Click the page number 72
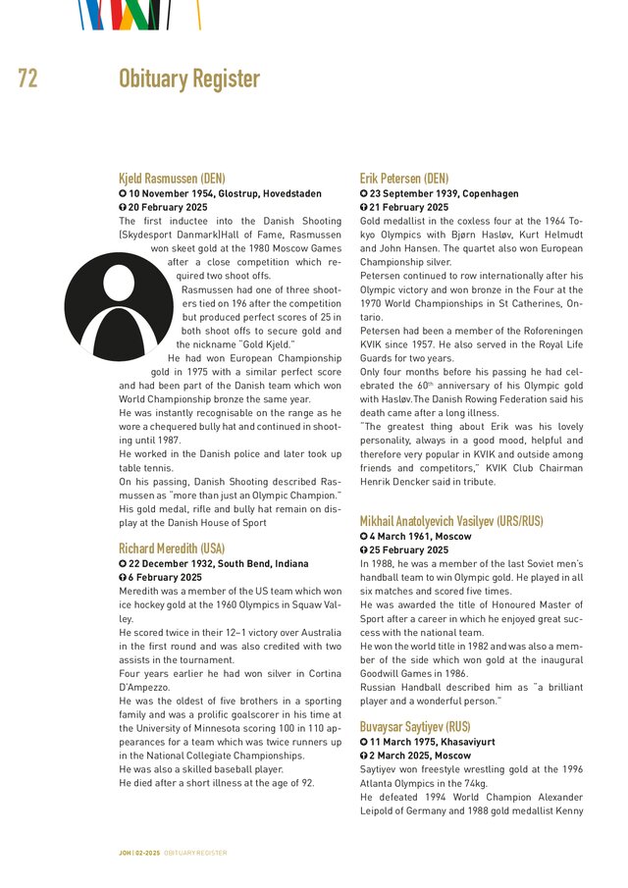click(27, 79)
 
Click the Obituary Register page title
click(189, 79)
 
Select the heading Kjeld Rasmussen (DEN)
click(172, 180)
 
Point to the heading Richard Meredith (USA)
click(172, 548)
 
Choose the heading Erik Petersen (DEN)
click(404, 180)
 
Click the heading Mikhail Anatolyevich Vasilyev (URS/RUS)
click(451, 521)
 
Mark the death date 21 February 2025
click(408, 208)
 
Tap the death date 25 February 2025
click(408, 550)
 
